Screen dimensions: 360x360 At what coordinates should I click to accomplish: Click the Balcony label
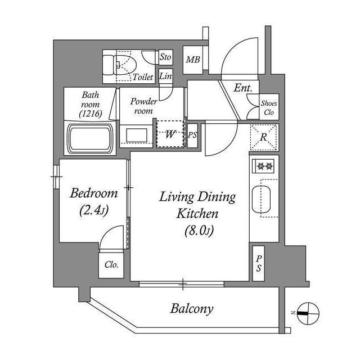pyautogui.click(x=192, y=309)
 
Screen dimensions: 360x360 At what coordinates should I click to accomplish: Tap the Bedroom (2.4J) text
pyautogui.click(x=94, y=202)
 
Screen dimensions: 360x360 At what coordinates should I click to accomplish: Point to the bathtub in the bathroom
pyautogui.click(x=91, y=138)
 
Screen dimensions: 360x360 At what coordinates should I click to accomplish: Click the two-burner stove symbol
pyautogui.click(x=264, y=166)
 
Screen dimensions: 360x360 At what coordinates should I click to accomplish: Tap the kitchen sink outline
pyautogui.click(x=262, y=199)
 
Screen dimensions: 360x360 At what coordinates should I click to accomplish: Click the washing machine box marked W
pyautogui.click(x=170, y=134)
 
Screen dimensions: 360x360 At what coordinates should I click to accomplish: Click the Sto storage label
pyautogui.click(x=165, y=57)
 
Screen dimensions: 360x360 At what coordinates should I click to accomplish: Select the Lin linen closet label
pyautogui.click(x=165, y=76)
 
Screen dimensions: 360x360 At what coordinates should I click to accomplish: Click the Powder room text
pyautogui.click(x=144, y=106)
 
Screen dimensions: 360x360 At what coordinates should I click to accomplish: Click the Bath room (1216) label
pyautogui.click(x=91, y=105)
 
